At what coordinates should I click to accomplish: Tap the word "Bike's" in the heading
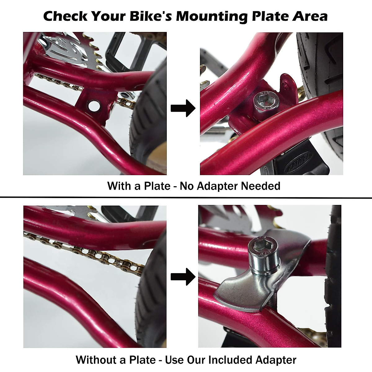151,16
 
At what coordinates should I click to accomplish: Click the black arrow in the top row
183,108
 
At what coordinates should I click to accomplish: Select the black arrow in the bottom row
183,277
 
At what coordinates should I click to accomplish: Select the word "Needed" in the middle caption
261,186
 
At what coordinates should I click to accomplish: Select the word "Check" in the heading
65,16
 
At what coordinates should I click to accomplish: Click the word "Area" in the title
310,16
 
